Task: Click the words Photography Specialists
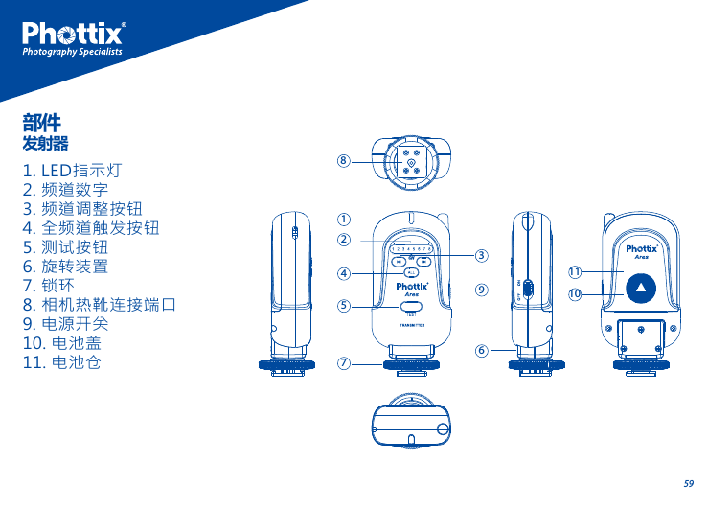point(73,52)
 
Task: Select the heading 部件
point(42,123)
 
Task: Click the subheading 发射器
point(45,144)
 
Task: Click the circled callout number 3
point(481,255)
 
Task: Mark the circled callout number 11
point(575,272)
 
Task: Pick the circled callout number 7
point(342,363)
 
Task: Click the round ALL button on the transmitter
point(411,272)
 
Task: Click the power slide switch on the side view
point(527,287)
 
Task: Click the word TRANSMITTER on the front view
point(412,325)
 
